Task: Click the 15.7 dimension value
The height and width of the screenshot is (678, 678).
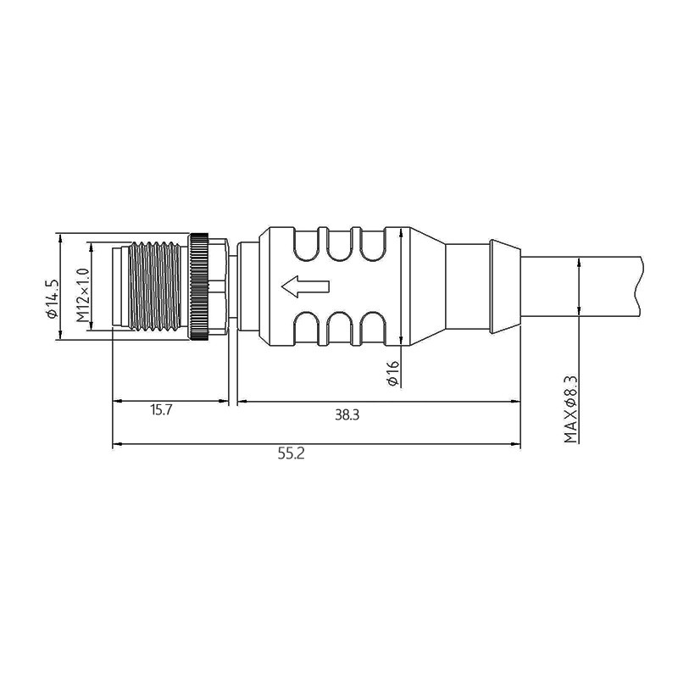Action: [x=162, y=410]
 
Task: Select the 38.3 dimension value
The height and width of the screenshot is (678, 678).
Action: [x=347, y=414]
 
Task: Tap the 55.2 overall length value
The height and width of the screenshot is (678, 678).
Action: [x=291, y=453]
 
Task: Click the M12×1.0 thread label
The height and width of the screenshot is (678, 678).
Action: [x=82, y=295]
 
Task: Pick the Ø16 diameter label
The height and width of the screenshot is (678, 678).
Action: [x=392, y=373]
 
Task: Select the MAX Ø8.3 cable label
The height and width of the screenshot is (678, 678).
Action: [x=571, y=409]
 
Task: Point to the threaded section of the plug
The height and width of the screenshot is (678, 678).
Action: [x=153, y=286]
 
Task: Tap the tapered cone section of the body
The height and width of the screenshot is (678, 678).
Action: [x=424, y=286]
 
